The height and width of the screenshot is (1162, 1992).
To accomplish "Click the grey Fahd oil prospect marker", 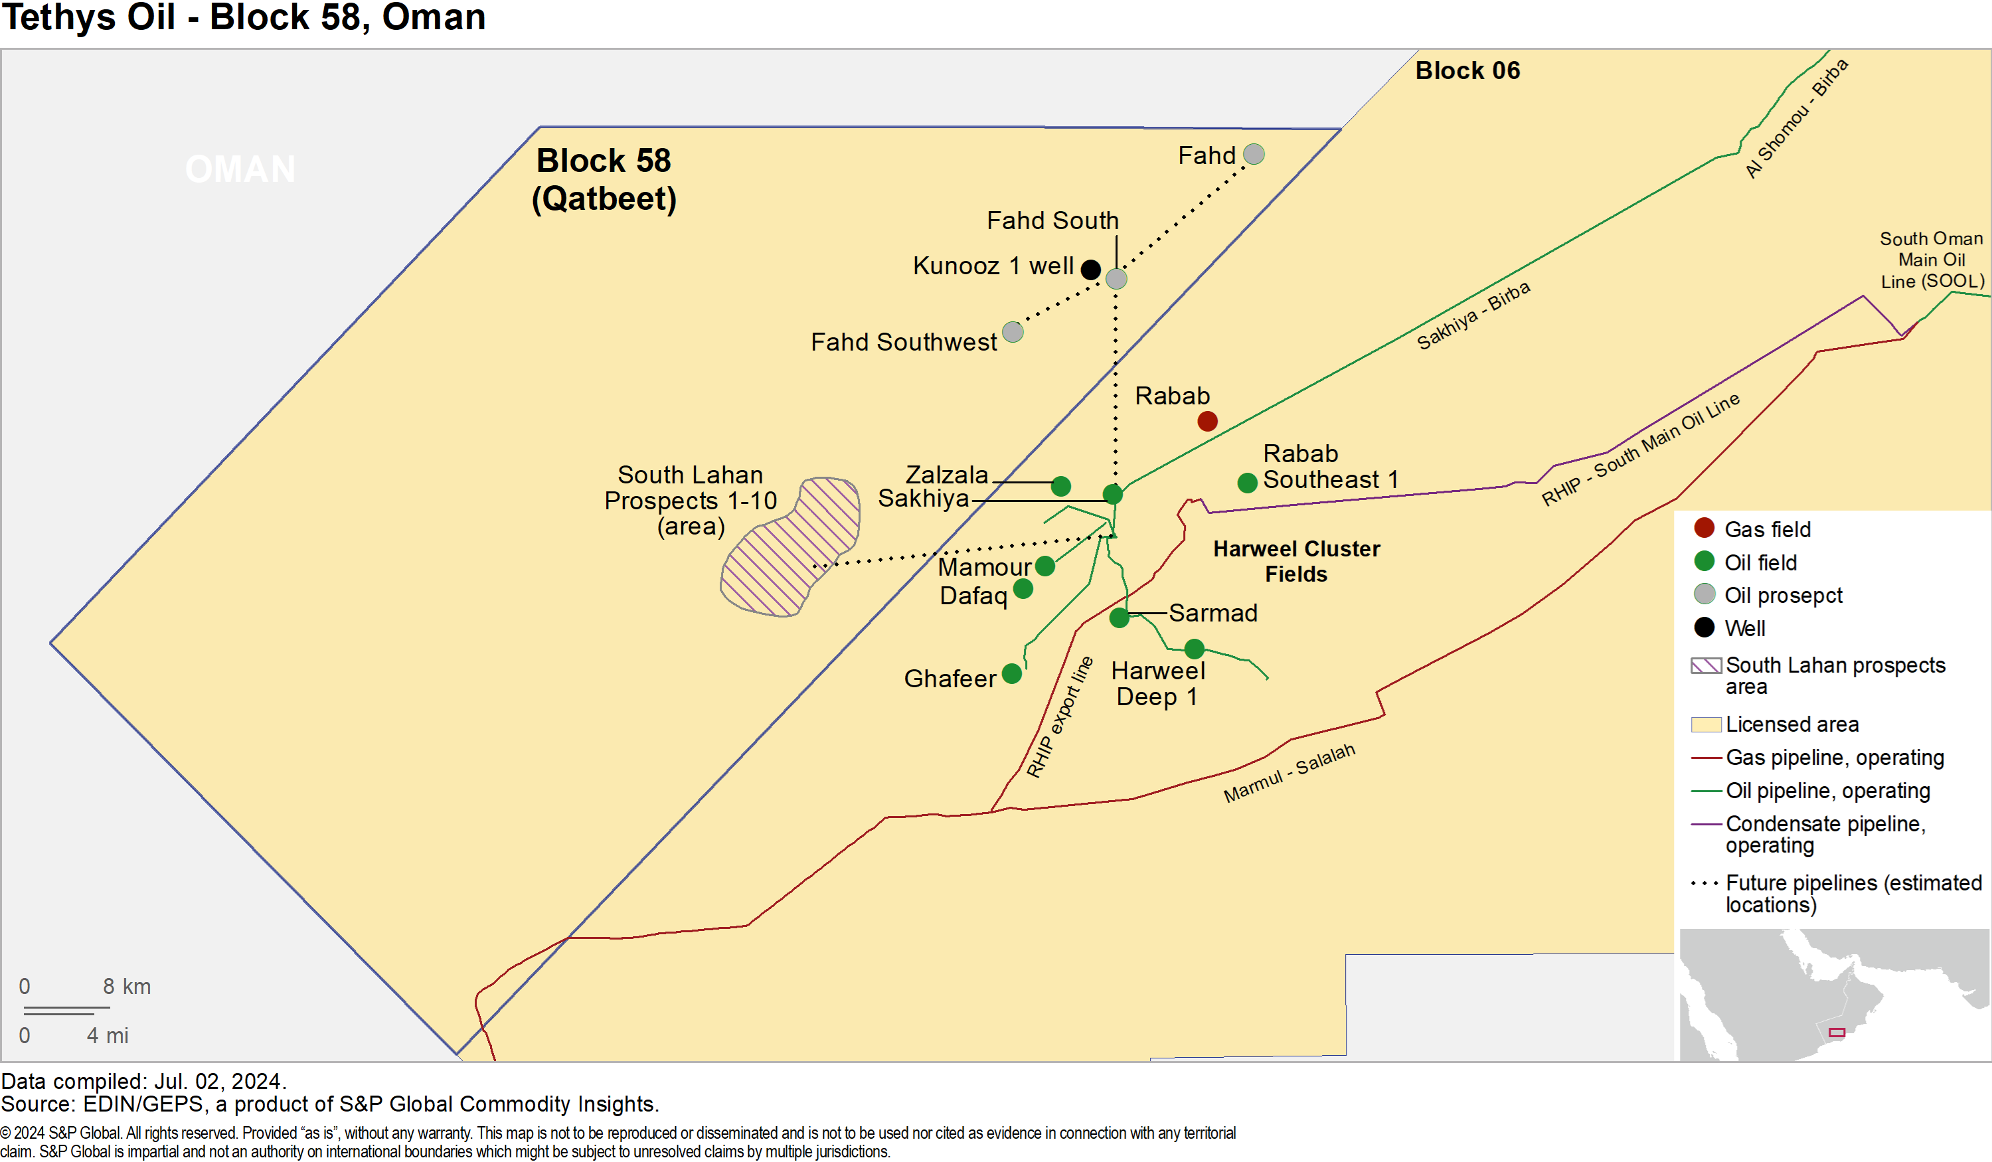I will click(1254, 154).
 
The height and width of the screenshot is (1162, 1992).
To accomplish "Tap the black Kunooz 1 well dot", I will click(1091, 270).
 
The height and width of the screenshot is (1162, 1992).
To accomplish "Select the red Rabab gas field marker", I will click(1207, 422).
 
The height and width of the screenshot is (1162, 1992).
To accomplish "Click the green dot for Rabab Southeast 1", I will click(1248, 483).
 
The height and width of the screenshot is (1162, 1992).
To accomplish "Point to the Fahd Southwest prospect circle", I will click(1013, 332).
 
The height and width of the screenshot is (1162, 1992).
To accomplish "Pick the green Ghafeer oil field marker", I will click(1012, 673).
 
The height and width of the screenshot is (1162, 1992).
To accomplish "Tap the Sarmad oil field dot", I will click(1120, 618).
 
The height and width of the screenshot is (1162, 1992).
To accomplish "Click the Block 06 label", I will click(1467, 70).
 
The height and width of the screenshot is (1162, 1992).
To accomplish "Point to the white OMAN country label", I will click(240, 169).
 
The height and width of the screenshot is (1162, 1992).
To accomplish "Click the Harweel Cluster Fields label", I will click(1296, 561).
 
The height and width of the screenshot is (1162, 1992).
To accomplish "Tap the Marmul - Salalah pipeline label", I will click(1289, 772).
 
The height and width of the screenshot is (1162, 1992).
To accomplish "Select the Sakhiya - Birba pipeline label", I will click(1473, 315).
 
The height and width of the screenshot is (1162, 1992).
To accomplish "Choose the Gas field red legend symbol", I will click(1704, 528).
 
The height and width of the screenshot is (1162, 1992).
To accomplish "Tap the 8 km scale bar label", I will click(126, 987).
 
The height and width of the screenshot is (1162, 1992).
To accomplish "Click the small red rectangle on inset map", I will click(1837, 1033).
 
